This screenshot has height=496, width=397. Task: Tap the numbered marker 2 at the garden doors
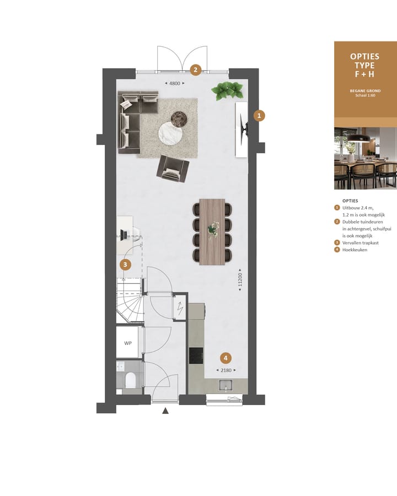pos(195,70)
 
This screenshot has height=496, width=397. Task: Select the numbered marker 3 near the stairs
pos(126,265)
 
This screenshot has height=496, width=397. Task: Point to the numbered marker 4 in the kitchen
pos(225,357)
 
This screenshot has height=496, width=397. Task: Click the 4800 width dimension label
pos(174,83)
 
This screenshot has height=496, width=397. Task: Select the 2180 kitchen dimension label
pos(226,370)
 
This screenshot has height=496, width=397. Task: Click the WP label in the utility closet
pos(128,343)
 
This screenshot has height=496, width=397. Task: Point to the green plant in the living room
pos(227,90)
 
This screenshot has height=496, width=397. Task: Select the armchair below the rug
pos(174,168)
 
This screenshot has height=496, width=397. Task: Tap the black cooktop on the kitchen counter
pos(196,355)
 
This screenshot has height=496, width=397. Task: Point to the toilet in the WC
pos(130,380)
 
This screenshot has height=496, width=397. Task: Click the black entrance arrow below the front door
pos(165,410)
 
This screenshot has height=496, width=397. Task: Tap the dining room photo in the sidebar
pos(365,158)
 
